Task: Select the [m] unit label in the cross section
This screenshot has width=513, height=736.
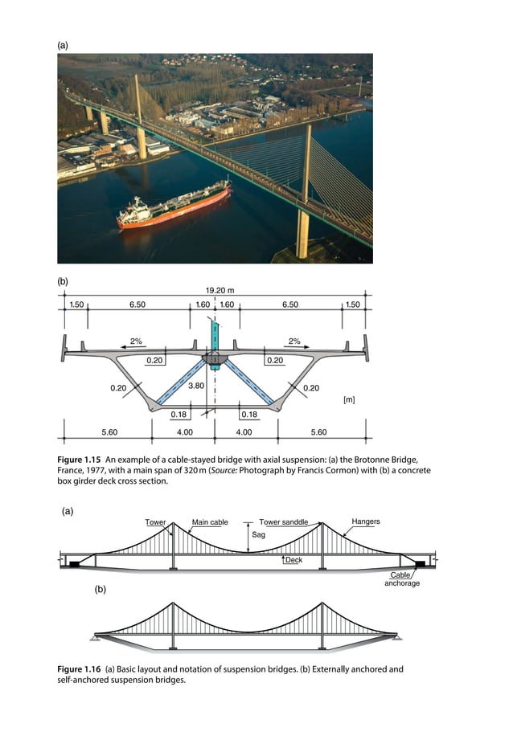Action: click(349, 399)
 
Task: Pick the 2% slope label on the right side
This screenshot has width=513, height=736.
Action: click(294, 341)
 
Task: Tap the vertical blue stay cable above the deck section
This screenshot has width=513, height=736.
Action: click(215, 333)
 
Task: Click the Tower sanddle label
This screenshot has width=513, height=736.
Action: click(283, 522)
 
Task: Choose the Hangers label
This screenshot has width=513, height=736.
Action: click(366, 521)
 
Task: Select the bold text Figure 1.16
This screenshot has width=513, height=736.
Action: click(80, 669)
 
